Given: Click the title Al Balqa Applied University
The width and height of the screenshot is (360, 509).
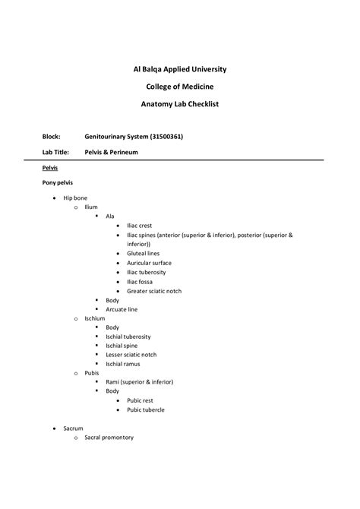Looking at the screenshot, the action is tap(179, 69).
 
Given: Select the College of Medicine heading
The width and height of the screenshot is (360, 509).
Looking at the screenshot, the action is tap(179, 87).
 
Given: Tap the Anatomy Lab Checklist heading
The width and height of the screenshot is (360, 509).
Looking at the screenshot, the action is tap(179, 104).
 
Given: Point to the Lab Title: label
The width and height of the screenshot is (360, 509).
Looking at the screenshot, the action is tap(56, 152).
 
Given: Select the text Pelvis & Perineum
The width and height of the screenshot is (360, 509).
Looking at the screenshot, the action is tap(111, 152).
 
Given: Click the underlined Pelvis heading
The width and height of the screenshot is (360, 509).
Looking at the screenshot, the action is tap(50, 168).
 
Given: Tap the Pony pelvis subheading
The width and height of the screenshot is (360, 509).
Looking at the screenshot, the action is tap(58, 183).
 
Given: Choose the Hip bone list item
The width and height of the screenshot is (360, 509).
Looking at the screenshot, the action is tap(75, 198).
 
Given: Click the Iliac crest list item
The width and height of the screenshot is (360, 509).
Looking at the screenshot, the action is tap(140, 226).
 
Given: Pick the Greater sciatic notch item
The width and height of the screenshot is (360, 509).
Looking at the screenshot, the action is tap(154, 291).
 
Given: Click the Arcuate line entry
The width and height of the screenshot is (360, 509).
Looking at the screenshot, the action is tap(122, 309).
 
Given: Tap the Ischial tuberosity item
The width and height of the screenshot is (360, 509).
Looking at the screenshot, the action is tap(128, 337).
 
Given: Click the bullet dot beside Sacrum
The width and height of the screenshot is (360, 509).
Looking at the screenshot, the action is tap(53, 428).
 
